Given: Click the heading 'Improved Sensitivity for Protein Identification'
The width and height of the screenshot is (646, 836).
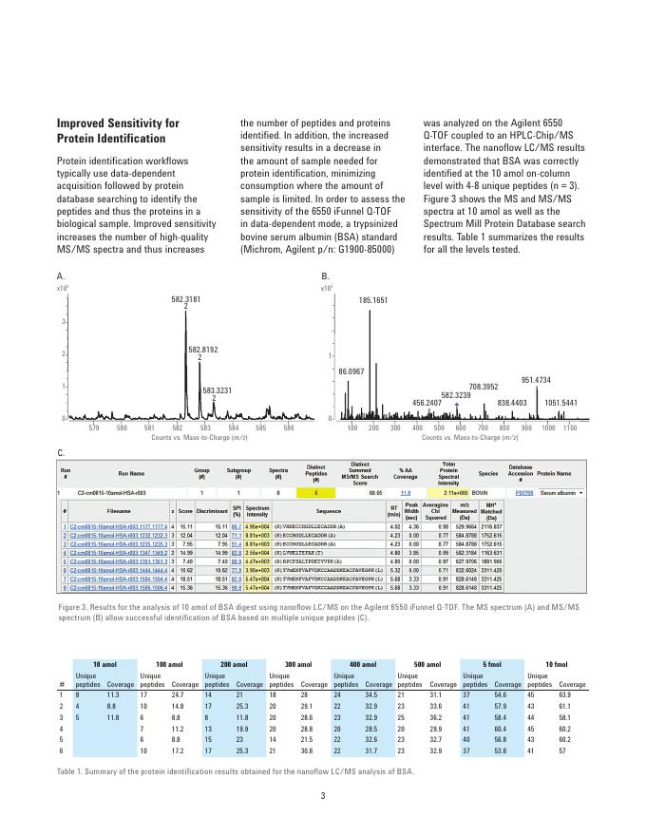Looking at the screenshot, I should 118,131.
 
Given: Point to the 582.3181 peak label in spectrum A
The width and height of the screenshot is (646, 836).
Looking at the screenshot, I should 186,299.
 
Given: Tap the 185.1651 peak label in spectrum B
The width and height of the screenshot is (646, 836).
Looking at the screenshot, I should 372,300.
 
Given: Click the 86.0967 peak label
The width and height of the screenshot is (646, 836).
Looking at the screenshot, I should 351,370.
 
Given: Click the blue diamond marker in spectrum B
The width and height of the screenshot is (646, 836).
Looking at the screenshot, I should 457,404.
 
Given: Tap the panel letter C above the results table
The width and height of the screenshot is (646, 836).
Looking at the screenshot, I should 61,453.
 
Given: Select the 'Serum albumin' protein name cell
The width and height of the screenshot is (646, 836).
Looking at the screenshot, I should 560,493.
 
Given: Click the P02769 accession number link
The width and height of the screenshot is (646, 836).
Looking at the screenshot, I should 523,493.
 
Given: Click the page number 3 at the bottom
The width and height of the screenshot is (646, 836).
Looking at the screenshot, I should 323,795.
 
